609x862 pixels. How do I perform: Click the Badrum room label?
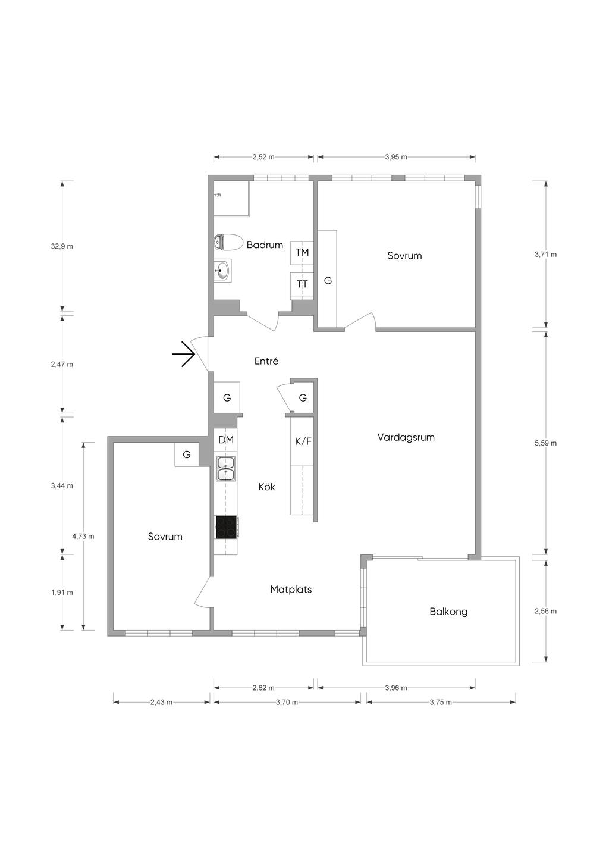click(265, 245)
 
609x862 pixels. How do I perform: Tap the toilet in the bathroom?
click(228, 243)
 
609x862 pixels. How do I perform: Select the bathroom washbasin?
click(223, 271)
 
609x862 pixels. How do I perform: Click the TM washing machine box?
click(302, 252)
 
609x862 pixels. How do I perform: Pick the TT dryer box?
click(302, 284)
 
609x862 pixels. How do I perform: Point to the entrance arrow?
click(183, 353)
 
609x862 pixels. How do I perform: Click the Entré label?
click(266, 361)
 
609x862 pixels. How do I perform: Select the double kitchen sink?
click(226, 469)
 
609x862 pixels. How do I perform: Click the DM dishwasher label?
click(226, 440)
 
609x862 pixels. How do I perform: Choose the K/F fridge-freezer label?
click(303, 441)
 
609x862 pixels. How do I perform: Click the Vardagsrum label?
click(406, 437)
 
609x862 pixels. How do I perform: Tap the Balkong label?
click(448, 612)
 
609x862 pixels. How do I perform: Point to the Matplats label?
click(291, 589)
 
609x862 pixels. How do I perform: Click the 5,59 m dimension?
click(545, 443)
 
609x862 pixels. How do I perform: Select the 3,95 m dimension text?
click(396, 157)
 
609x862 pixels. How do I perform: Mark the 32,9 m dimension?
click(62, 247)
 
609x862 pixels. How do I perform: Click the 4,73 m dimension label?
click(83, 536)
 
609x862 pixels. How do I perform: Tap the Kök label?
click(266, 487)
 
